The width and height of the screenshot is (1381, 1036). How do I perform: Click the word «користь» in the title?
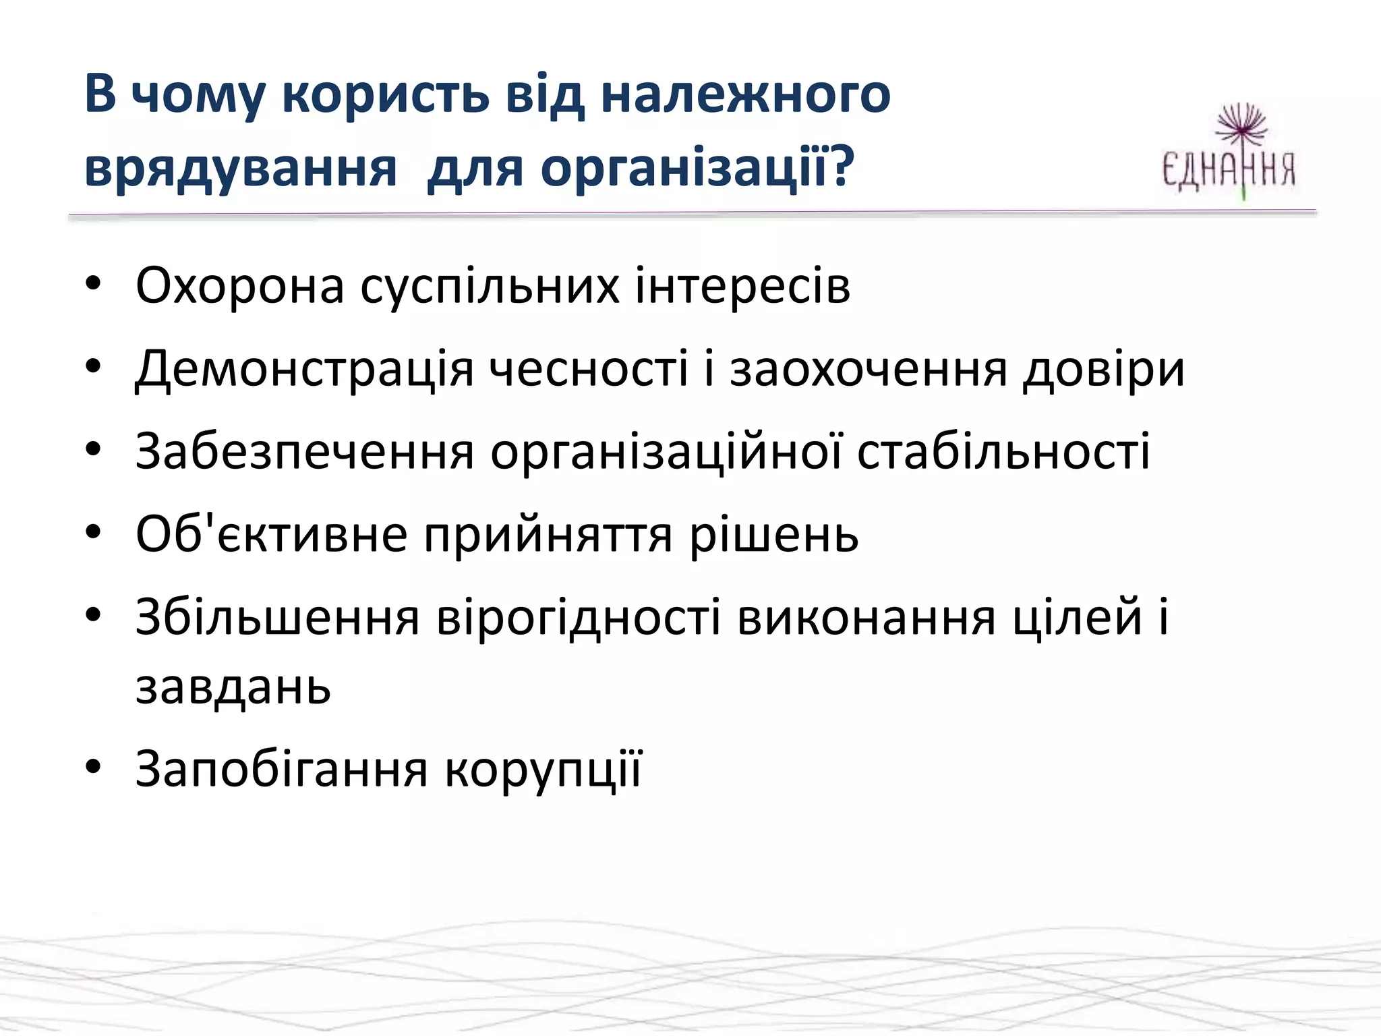tap(385, 94)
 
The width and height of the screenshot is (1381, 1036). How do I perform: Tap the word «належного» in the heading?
tap(745, 94)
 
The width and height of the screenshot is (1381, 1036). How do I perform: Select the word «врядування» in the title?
tap(241, 169)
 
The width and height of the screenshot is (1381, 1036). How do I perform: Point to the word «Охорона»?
tap(240, 286)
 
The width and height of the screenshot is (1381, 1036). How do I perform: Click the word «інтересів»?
tap(742, 286)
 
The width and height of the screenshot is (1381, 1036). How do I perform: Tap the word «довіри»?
tap(1104, 370)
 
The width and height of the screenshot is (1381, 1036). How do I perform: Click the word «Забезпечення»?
tap(305, 451)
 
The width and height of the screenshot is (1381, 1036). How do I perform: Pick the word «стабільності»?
tap(1003, 451)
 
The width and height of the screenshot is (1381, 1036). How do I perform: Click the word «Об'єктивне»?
tap(271, 535)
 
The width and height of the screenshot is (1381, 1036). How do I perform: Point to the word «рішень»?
tap(773, 535)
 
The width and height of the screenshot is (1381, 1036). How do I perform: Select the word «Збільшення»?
tap(278, 617)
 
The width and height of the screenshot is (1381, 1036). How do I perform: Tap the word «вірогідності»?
tap(579, 617)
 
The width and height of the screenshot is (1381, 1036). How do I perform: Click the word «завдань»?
tap(233, 687)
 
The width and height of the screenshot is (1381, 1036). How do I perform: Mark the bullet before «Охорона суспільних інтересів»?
tap(93, 283)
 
